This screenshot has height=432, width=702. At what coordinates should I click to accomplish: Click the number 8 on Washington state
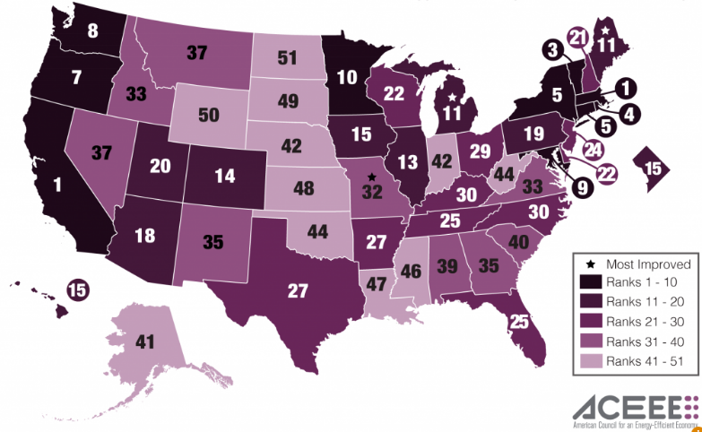92,30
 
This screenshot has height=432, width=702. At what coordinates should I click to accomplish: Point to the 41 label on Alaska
146,341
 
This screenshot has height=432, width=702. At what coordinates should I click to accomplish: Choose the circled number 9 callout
584,188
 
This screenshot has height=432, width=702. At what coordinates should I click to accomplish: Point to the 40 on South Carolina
518,240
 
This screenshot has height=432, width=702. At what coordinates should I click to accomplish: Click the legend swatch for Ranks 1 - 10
589,282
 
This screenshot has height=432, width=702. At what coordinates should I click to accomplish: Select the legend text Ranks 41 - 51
647,361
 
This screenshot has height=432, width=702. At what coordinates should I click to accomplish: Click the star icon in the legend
589,264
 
